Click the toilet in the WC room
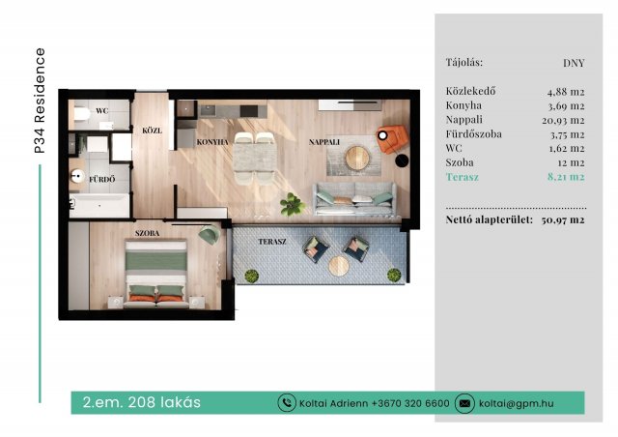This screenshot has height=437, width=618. point(82,114)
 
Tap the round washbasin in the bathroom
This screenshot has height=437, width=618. point(77,176)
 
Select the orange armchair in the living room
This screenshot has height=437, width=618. point(391,139)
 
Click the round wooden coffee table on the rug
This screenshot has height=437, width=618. point(357,158)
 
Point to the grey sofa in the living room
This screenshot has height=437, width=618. point(354,198)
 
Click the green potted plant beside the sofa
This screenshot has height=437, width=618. point(292,204)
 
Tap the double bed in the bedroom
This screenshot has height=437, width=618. point(156,274)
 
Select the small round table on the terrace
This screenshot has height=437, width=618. point(339,266)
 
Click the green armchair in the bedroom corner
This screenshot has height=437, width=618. point(209,235)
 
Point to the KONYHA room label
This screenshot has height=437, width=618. point(212,142)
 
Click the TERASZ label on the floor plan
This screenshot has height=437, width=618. point(272,241)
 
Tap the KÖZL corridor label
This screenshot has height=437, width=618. point(153,131)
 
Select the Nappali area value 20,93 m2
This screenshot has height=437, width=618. point(563,121)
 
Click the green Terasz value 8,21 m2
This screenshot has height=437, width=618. point(566,177)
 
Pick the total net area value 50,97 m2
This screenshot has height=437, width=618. point(563,219)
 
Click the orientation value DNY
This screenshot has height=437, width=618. point(574,63)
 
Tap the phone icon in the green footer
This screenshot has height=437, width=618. point(287,403)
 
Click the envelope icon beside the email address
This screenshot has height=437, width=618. point(464,403)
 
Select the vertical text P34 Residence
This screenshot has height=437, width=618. point(40,101)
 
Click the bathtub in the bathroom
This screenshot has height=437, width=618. point(99,205)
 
